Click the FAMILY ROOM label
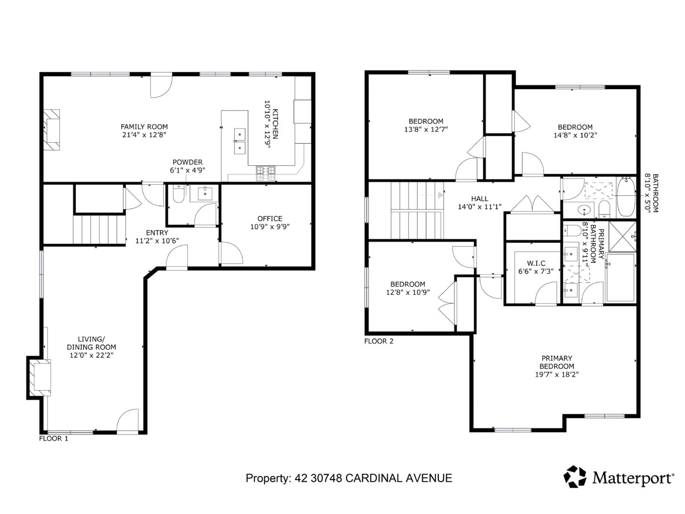pyautogui.click(x=144, y=127)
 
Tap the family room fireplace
pyautogui.click(x=51, y=130)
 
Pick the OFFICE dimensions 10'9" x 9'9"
pyautogui.click(x=270, y=227)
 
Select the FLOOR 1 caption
pyautogui.click(x=53, y=438)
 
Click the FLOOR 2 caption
pyautogui.click(x=378, y=341)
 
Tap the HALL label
pyautogui.click(x=479, y=199)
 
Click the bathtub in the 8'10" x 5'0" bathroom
pyautogui.click(x=626, y=197)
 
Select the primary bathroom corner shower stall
pyautogui.click(x=622, y=236)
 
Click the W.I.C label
pyautogui.click(x=536, y=263)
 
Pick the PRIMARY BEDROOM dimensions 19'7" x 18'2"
pyautogui.click(x=557, y=374)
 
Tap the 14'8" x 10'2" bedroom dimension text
pyautogui.click(x=575, y=135)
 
